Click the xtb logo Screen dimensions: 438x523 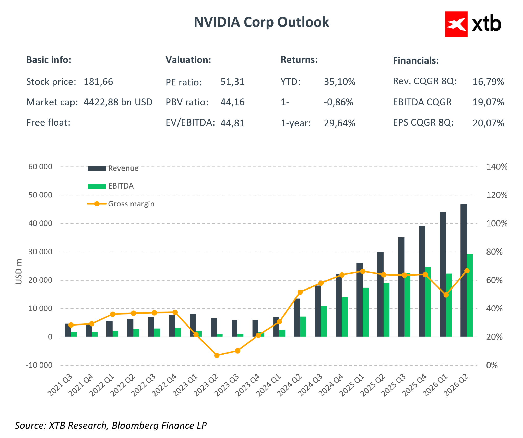pyautogui.click(x=473, y=24)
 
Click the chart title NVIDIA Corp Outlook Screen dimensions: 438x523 pyautogui.click(x=261, y=22)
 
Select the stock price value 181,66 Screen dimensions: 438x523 pyautogui.click(x=98, y=82)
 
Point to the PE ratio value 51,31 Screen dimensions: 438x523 pyautogui.click(x=232, y=82)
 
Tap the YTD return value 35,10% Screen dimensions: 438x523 pyautogui.click(x=340, y=82)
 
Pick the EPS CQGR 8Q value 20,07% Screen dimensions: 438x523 pyautogui.click(x=488, y=123)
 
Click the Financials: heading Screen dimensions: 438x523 pyautogui.click(x=416, y=60)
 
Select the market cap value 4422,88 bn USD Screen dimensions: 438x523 pyautogui.click(x=118, y=102)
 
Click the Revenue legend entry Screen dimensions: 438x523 pyautogui.click(x=113, y=168)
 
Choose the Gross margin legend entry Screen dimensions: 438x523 pyautogui.click(x=121, y=204)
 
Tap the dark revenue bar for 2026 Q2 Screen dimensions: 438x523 pyautogui.click(x=464, y=270)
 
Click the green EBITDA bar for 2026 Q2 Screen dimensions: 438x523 pyautogui.click(x=470, y=295)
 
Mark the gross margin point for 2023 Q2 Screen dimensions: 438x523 pyautogui.click(x=217, y=355)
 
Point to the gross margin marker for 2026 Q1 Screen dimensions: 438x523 pyautogui.click(x=446, y=295)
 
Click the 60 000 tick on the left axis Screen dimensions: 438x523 pyautogui.click(x=40, y=167)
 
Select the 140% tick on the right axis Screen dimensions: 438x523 pyautogui.click(x=497, y=167)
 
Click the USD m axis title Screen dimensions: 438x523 pyautogui.click(x=19, y=271)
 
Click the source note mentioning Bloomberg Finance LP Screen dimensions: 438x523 pyautogui.click(x=111, y=426)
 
